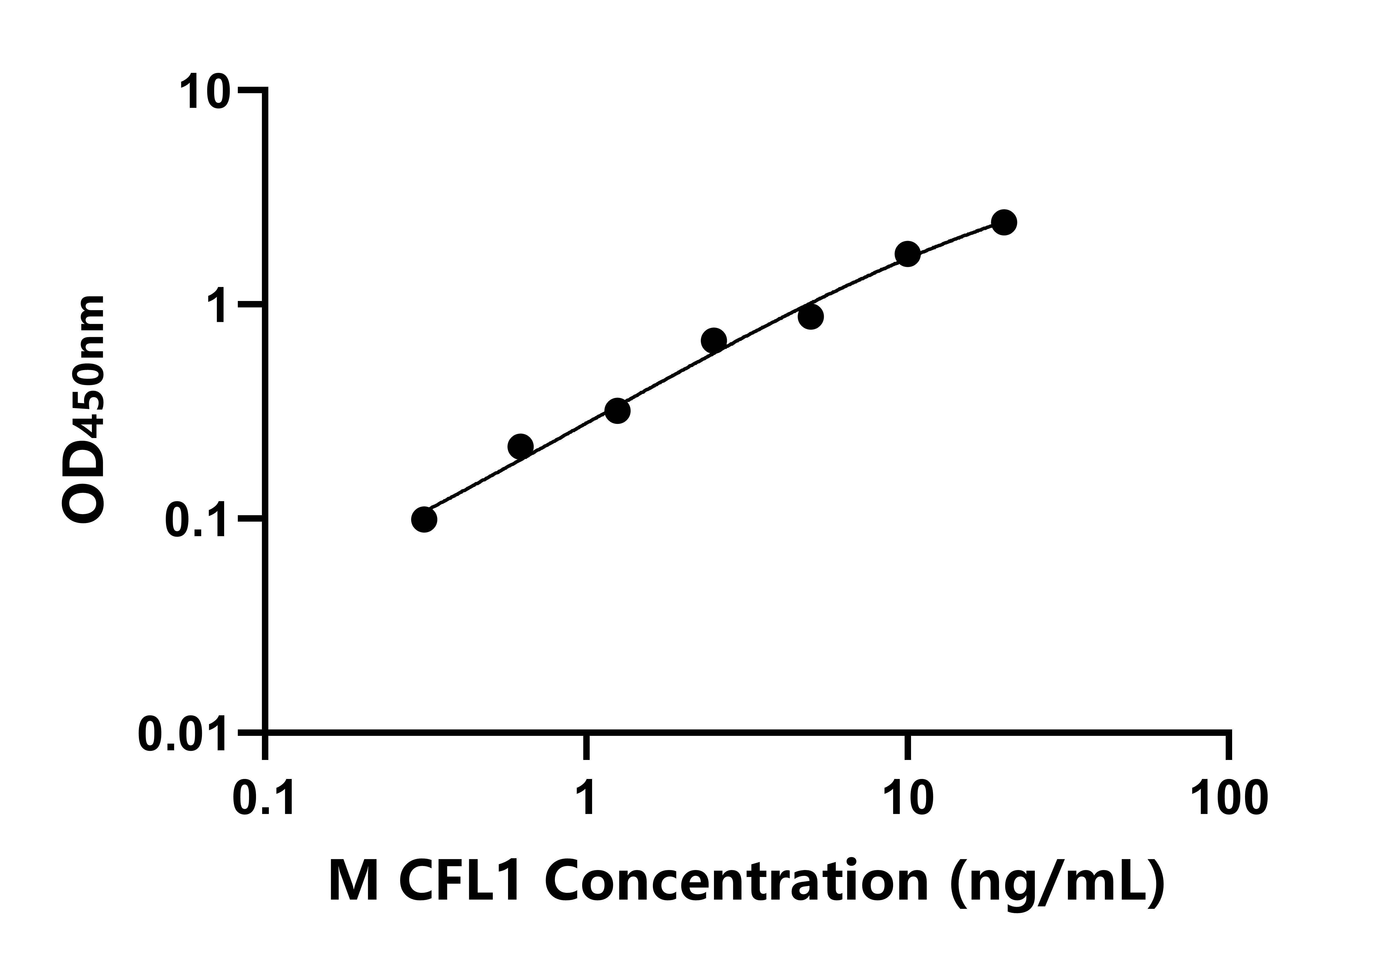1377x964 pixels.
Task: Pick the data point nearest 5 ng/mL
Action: (x=810, y=317)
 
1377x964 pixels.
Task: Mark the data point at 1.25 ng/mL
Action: (x=617, y=411)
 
